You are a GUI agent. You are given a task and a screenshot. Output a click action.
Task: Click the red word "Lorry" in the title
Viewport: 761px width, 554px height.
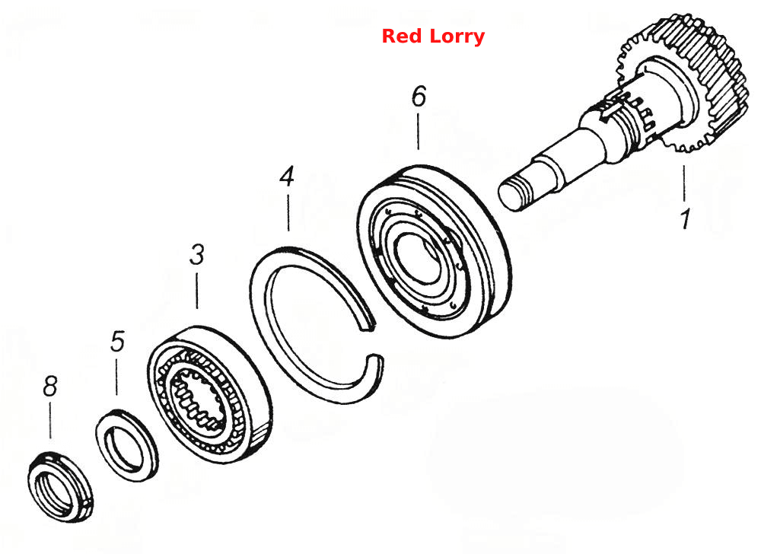tap(454, 37)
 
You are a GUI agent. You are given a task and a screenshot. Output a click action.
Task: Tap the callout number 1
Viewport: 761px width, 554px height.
tap(685, 219)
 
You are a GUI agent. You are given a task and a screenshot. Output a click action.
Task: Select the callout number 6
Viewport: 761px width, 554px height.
tap(419, 96)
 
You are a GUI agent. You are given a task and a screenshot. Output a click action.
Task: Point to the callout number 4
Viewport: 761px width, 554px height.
tap(287, 177)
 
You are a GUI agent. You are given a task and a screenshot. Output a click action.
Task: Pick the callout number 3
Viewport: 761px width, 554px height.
tap(196, 255)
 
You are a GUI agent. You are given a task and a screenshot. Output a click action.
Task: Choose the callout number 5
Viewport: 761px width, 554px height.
tap(117, 341)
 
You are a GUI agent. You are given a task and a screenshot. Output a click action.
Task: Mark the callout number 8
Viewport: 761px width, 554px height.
tap(50, 387)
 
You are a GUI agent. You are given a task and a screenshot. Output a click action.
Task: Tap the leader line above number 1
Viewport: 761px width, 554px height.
tap(684, 183)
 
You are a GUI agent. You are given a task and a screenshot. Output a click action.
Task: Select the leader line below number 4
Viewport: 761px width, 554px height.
tap(288, 212)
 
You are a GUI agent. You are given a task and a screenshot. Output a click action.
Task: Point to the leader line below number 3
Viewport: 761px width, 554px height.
tap(196, 291)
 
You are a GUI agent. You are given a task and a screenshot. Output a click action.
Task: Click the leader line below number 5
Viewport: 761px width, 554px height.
tap(116, 377)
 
